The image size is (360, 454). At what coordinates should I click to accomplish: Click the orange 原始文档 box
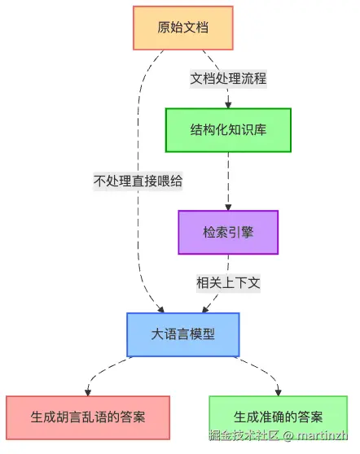click(183, 28)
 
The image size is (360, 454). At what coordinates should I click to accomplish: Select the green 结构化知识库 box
click(229, 129)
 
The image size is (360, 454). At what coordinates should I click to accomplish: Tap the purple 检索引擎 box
click(228, 232)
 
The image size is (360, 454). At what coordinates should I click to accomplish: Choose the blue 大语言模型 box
click(182, 334)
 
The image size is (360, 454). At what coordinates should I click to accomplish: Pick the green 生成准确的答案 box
click(278, 417)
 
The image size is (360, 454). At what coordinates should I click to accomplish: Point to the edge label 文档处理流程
click(228, 79)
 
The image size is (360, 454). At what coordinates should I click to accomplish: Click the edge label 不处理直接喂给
click(138, 181)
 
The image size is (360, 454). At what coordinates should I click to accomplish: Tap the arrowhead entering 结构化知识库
click(229, 103)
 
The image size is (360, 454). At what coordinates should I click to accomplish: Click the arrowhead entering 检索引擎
click(229, 207)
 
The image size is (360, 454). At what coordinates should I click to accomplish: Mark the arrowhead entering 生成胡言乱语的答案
click(89, 391)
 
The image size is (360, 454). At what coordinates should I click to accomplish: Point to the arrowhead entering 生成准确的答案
click(279, 391)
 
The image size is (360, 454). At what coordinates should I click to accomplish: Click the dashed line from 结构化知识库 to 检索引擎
click(229, 179)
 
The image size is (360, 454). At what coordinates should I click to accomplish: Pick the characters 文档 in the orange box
click(196, 28)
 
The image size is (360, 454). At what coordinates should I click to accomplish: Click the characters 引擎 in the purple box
click(242, 232)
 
